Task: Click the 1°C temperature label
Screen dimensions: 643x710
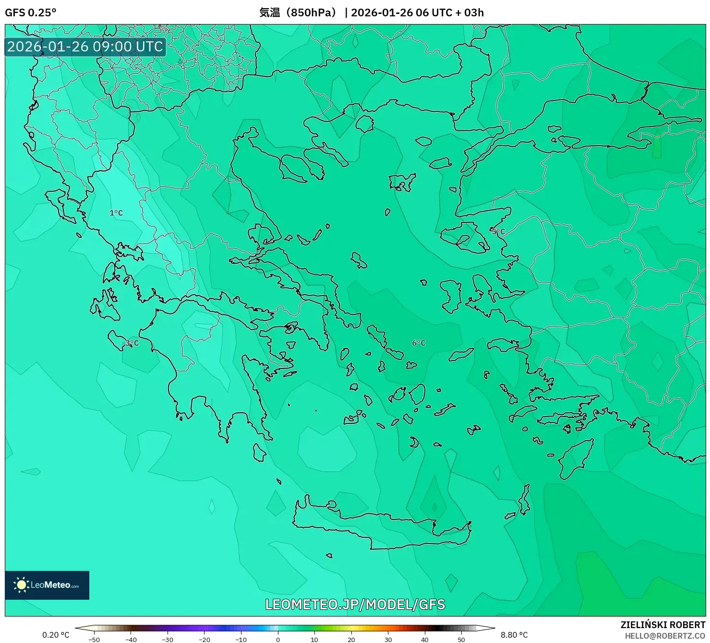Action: (x=116, y=213)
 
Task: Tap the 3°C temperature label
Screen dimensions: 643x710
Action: (x=132, y=343)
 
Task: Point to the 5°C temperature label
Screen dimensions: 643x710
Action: (x=498, y=232)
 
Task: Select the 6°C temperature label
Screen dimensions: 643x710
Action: (x=419, y=343)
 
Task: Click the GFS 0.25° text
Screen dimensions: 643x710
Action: (x=30, y=12)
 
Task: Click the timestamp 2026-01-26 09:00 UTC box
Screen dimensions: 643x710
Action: (x=85, y=47)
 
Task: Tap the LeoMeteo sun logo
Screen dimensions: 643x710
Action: (x=21, y=585)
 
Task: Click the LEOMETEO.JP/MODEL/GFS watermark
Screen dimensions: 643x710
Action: (x=355, y=604)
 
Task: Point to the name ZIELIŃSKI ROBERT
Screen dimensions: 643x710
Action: (x=662, y=625)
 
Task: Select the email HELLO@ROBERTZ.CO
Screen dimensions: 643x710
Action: (x=664, y=636)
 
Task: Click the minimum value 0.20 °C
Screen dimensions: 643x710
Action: (x=56, y=635)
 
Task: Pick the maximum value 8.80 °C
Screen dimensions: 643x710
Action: (x=514, y=635)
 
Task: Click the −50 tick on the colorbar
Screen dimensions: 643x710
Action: (x=94, y=639)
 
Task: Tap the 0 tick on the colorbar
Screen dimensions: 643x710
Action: (x=278, y=639)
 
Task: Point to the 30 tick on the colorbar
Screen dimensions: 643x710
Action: (x=388, y=639)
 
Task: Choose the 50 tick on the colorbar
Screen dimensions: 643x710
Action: (x=461, y=639)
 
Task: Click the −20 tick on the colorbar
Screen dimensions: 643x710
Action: (x=205, y=639)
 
